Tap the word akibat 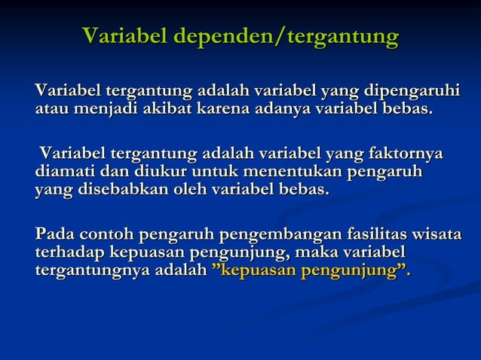coord(165,110)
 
